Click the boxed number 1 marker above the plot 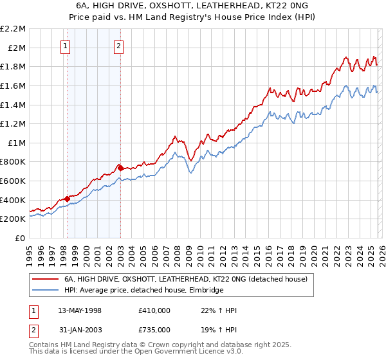coord(66,46)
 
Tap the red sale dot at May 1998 coord(67,199)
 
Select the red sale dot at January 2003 coord(120,168)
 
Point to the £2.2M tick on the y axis coord(13,29)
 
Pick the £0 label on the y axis coord(21,238)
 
